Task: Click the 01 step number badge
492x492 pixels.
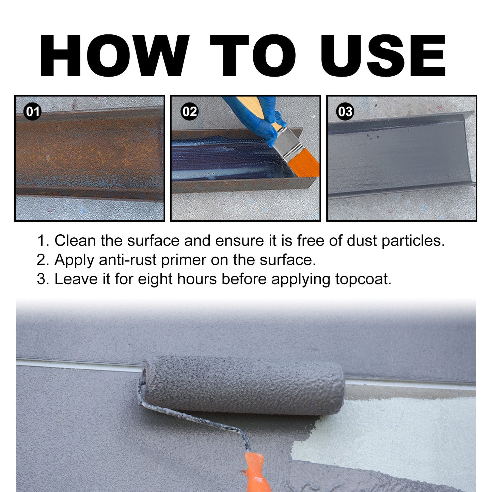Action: coord(33,112)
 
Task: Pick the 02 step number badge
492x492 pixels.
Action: coord(190,112)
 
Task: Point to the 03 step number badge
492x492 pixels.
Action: coord(345,112)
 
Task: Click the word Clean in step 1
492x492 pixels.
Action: coord(75,241)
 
